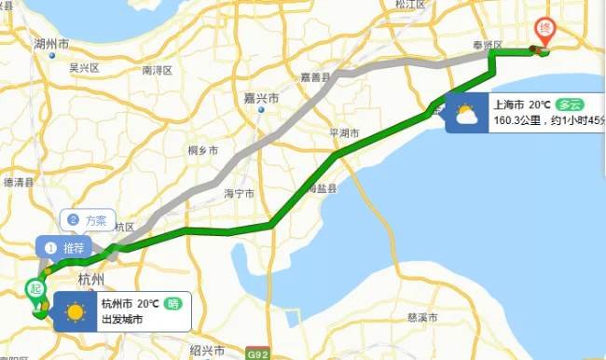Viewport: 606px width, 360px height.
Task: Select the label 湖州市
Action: tap(50, 44)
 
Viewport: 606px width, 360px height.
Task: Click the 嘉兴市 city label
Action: tap(262, 97)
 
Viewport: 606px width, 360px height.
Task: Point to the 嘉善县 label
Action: tap(315, 76)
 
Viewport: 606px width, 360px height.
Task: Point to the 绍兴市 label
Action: tap(207, 350)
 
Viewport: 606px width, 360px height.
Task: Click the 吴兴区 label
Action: tap(84, 68)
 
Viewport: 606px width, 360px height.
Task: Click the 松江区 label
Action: tap(409, 5)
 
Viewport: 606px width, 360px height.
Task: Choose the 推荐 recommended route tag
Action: tap(65, 248)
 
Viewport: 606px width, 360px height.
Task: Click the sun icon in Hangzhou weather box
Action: tap(74, 311)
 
